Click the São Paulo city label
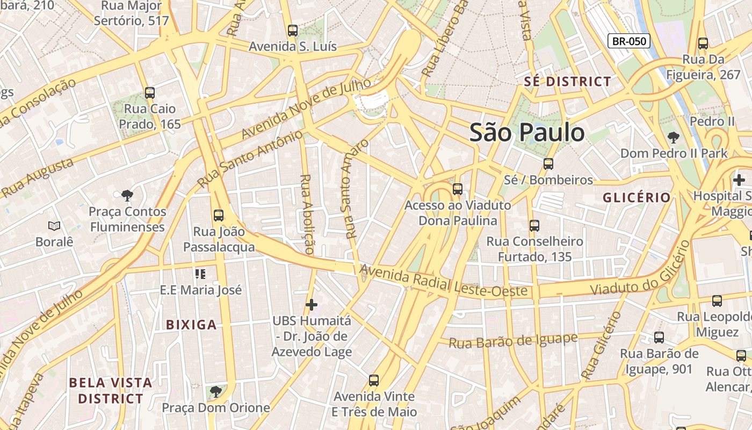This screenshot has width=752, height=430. pyautogui.click(x=527, y=133)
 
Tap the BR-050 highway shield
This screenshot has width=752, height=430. pyautogui.click(x=628, y=41)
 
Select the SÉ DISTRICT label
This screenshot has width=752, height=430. pyautogui.click(x=567, y=82)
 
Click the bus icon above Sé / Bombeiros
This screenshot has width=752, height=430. pyautogui.click(x=548, y=164)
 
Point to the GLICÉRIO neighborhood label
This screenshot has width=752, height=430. pyautogui.click(x=637, y=197)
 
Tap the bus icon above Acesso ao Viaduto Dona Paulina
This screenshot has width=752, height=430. pyautogui.click(x=458, y=189)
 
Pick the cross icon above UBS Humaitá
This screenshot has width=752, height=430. pyautogui.click(x=312, y=305)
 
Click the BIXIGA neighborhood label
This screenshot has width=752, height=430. pyautogui.click(x=191, y=325)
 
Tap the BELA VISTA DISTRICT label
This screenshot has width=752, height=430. pyautogui.click(x=111, y=391)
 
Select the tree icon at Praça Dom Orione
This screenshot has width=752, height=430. pyautogui.click(x=215, y=391)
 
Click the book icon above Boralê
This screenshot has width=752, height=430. pyautogui.click(x=54, y=226)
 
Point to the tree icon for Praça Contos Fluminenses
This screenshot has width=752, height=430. pyautogui.click(x=127, y=195)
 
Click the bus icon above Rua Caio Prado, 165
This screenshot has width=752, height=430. pyautogui.click(x=150, y=92)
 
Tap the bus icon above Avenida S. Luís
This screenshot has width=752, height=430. pyautogui.click(x=293, y=31)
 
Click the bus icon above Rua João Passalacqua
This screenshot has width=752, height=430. pyautogui.click(x=219, y=216)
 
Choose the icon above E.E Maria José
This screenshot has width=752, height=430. pyautogui.click(x=201, y=274)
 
